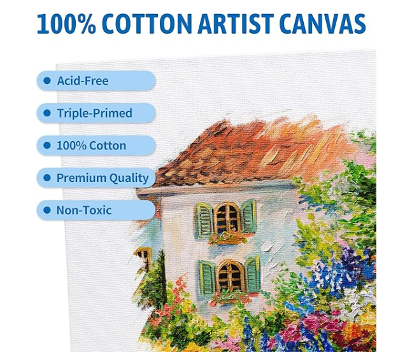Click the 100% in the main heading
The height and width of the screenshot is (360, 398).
click(x=64, y=24)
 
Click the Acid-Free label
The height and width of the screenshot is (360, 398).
click(x=83, y=81)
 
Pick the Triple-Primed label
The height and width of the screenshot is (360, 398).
click(x=94, y=113)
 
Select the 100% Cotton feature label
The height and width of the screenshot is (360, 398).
click(x=91, y=146)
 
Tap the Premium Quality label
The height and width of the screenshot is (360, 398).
click(x=102, y=178)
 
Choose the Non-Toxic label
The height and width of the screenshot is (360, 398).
click(x=84, y=211)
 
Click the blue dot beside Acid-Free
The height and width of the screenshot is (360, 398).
click(x=46, y=81)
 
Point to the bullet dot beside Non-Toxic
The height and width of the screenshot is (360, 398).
click(x=46, y=211)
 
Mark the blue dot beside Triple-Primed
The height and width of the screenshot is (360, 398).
click(x=46, y=113)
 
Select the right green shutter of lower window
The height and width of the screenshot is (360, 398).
click(x=253, y=275)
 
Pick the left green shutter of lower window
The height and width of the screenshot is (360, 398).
click(x=208, y=278)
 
